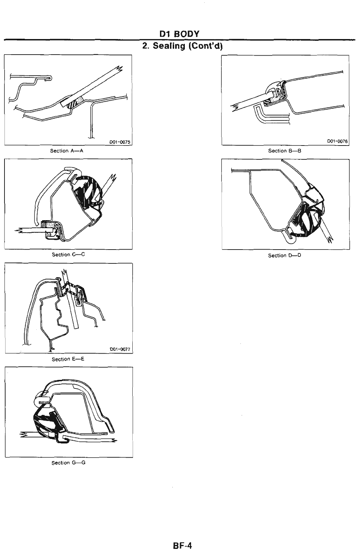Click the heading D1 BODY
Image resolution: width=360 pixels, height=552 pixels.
[179, 34]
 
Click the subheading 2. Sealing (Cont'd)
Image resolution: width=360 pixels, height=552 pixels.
[182, 46]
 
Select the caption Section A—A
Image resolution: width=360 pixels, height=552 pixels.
[67, 151]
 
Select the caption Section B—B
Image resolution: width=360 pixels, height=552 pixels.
[285, 151]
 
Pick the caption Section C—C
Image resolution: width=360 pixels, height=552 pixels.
[68, 254]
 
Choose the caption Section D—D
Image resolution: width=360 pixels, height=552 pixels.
[285, 255]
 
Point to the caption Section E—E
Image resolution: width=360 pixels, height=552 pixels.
[68, 359]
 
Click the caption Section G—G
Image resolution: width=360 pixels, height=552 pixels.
[68, 462]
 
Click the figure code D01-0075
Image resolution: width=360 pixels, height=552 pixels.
[119, 142]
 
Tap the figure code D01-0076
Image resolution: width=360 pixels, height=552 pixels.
[337, 141]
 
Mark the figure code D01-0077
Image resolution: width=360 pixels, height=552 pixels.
[120, 349]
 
